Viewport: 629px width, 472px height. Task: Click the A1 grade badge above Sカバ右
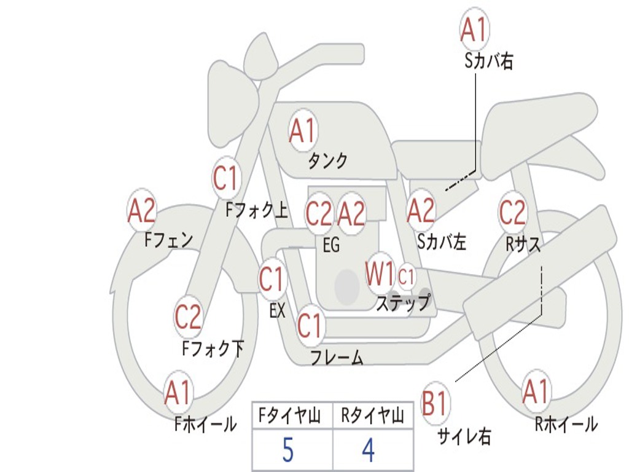pyautogui.click(x=474, y=30)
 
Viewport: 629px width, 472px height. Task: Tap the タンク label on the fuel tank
pyautogui.click(x=327, y=161)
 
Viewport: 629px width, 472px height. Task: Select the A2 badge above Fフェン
pyautogui.click(x=142, y=211)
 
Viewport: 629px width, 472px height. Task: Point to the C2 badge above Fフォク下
pyautogui.click(x=188, y=317)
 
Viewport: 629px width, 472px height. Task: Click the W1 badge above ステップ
pyautogui.click(x=380, y=275)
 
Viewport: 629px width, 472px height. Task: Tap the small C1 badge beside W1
pyautogui.click(x=407, y=277)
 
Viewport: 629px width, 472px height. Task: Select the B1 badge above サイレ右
pyautogui.click(x=436, y=404)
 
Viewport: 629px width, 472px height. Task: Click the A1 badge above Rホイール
pyautogui.click(x=536, y=392)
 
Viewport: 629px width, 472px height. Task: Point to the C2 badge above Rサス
pyautogui.click(x=512, y=213)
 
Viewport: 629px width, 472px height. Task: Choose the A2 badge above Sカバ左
pyautogui.click(x=421, y=211)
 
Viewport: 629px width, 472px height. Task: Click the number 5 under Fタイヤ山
pyautogui.click(x=287, y=450)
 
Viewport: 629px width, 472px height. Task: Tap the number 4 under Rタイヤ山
pyautogui.click(x=368, y=450)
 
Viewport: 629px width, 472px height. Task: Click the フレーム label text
pyautogui.click(x=337, y=358)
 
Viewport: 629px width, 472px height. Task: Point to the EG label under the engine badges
pyautogui.click(x=331, y=245)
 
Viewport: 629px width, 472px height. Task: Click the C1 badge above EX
pyautogui.click(x=272, y=280)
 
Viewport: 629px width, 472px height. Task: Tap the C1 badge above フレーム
pyautogui.click(x=310, y=325)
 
